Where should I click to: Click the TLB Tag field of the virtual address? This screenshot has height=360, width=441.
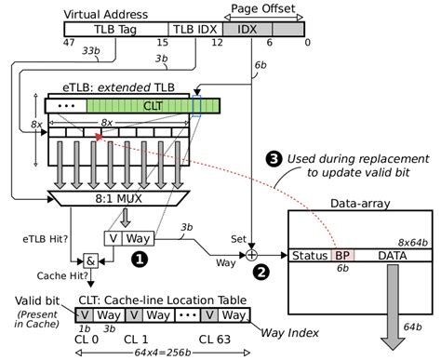116,29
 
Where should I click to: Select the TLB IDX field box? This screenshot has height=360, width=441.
195,29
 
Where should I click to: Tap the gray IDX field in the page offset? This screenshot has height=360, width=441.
247,29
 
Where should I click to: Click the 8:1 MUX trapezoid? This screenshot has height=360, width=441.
118,198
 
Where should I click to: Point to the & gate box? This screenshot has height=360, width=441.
90,261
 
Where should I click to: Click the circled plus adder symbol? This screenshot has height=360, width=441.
251,255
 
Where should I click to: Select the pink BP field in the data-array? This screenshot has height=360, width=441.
342,256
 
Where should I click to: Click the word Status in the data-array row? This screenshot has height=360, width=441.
310,256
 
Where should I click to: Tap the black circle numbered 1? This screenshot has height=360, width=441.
140,259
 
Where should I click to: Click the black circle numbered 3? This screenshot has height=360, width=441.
274,159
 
